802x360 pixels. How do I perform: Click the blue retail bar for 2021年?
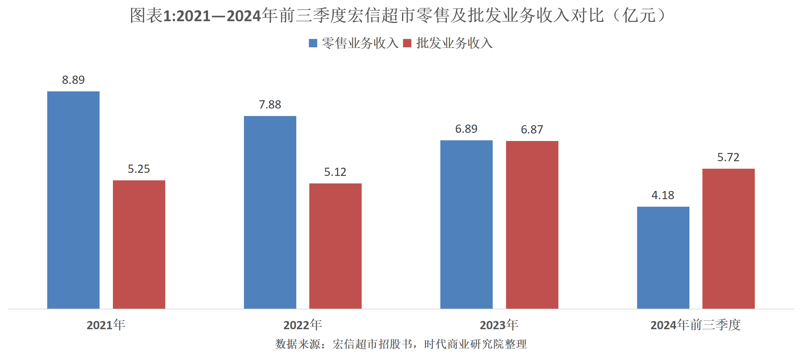(73, 200)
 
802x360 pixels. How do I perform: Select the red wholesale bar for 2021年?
(139, 244)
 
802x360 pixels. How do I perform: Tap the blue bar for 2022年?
(270, 212)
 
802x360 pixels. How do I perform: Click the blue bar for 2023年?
(466, 224)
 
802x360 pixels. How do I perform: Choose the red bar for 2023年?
(532, 225)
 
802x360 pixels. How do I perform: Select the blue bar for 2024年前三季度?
(663, 257)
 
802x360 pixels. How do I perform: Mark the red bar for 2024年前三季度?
(728, 239)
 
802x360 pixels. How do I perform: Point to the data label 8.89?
(73, 80)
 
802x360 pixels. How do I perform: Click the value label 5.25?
(139, 169)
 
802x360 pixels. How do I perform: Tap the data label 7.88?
(270, 104)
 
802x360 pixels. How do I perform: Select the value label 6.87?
(532, 129)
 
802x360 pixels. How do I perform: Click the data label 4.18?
(663, 195)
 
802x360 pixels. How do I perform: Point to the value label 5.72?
(728, 157)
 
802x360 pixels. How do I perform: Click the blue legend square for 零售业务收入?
(313, 43)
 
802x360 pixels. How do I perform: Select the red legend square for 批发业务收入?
(407, 43)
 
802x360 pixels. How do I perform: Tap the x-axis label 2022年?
(303, 325)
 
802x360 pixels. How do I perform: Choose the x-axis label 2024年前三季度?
(696, 325)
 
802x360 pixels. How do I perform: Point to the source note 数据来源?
(401, 344)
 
